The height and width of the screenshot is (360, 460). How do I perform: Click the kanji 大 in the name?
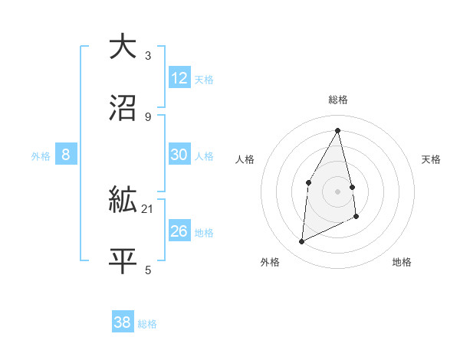[x=123, y=45]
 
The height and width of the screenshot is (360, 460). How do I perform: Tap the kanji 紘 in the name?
[x=123, y=201]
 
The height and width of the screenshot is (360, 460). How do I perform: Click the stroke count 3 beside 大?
[x=148, y=55]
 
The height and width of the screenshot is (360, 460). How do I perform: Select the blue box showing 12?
[x=179, y=78]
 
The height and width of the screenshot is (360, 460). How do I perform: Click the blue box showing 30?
[x=179, y=155]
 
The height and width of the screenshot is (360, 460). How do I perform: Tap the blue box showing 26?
[x=179, y=231]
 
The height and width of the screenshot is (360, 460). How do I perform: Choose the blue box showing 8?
[x=66, y=155]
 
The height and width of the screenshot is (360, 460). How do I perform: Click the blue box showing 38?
[x=123, y=322]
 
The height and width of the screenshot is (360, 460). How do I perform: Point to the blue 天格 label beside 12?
[x=204, y=80]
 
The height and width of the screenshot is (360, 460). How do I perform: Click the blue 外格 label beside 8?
[x=41, y=156]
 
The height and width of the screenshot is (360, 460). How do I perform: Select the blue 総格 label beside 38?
[x=147, y=324]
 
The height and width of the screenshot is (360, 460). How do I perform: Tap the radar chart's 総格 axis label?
[x=338, y=100]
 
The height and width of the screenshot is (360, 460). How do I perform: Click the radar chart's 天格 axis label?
[x=432, y=159]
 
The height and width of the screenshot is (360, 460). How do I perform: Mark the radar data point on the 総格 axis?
[x=338, y=130]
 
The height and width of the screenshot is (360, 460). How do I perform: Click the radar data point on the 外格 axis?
[x=301, y=242]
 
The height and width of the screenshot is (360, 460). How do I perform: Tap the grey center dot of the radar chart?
[x=338, y=191]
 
